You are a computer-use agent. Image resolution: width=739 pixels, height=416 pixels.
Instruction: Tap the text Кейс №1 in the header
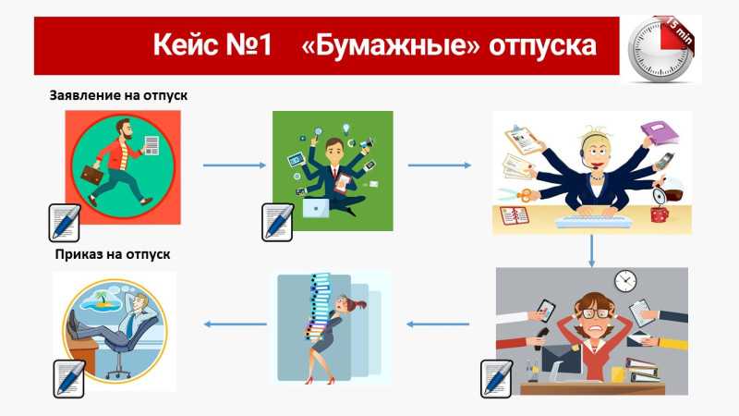tap(212, 44)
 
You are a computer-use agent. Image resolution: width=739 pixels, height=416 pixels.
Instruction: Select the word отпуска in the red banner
tap(542, 46)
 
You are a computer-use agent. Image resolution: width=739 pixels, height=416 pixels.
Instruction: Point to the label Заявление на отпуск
tap(118, 95)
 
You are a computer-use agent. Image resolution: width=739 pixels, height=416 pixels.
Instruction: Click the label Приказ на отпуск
tap(113, 254)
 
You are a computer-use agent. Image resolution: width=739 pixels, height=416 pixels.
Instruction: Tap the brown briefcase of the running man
tap(92, 175)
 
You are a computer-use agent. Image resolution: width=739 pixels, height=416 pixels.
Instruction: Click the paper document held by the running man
tap(151, 145)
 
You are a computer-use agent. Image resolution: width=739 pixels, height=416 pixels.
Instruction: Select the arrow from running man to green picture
tap(235, 165)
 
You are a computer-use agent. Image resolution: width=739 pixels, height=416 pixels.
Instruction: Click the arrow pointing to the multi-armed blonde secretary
tap(440, 165)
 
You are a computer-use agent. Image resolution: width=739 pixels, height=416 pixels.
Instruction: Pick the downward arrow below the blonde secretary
tap(591, 251)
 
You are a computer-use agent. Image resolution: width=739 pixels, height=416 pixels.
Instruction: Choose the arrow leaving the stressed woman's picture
tap(438, 324)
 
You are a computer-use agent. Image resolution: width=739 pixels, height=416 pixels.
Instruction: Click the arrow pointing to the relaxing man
tap(236, 324)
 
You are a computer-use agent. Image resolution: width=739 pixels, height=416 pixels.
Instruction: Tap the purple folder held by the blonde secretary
tap(659, 132)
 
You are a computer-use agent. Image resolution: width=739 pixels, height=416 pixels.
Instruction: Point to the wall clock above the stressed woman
tap(625, 281)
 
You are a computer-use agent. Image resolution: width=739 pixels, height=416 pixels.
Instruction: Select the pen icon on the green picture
tap(277, 222)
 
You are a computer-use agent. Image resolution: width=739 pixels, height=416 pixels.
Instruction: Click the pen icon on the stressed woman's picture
tap(496, 379)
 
